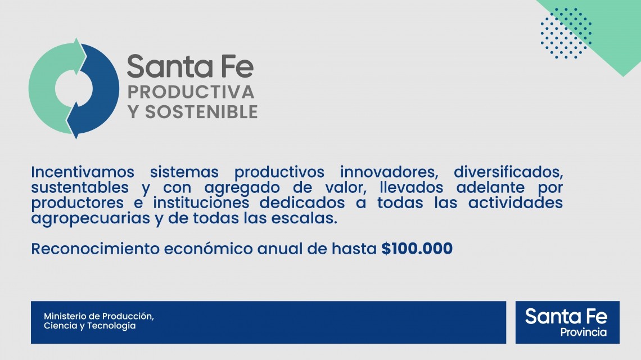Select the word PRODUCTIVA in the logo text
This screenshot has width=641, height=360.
tap(191, 91)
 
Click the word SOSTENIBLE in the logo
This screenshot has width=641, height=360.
tap(201, 111)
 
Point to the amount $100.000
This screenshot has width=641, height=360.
tap(417, 249)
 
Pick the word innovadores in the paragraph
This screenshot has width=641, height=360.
tap(388, 171)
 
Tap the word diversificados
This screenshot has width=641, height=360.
tap(508, 171)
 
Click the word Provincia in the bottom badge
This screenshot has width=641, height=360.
tap(583, 332)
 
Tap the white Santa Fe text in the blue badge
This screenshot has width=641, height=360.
tap(566, 316)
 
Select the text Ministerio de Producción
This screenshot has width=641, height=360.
tap(99, 316)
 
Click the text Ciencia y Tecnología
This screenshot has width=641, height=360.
tap(90, 326)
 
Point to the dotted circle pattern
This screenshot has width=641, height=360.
tap(566, 33)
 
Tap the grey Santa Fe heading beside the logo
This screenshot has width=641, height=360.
tap(190, 67)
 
